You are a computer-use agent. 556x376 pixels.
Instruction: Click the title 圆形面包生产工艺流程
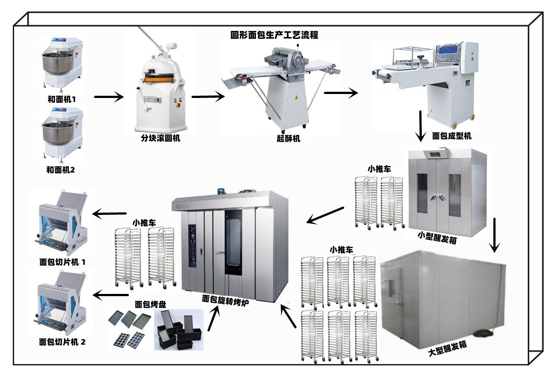[274, 35]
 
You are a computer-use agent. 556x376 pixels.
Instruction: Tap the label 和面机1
[62, 99]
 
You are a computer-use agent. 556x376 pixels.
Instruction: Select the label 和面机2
[60, 170]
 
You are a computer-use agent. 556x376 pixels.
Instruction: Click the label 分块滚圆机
[161, 138]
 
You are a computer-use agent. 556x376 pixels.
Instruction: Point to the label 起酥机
[289, 139]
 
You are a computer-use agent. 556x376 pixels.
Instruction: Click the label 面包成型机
[452, 136]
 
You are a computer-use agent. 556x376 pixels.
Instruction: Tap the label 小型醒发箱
[437, 238]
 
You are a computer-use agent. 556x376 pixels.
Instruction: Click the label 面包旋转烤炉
[225, 300]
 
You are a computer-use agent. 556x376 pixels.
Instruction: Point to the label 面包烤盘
[150, 304]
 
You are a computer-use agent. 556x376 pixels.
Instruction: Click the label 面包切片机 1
[62, 262]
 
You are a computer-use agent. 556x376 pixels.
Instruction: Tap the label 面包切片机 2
[62, 342]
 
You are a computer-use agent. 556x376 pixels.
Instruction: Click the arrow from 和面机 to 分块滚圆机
[109, 97]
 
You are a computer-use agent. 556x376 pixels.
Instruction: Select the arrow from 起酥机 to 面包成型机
[341, 93]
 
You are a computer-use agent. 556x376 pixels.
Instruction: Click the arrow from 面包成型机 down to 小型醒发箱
[421, 126]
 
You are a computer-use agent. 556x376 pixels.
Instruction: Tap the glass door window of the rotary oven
[233, 242]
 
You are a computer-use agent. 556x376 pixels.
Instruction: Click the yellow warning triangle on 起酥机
[296, 97]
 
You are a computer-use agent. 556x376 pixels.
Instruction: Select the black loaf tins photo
[179, 330]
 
